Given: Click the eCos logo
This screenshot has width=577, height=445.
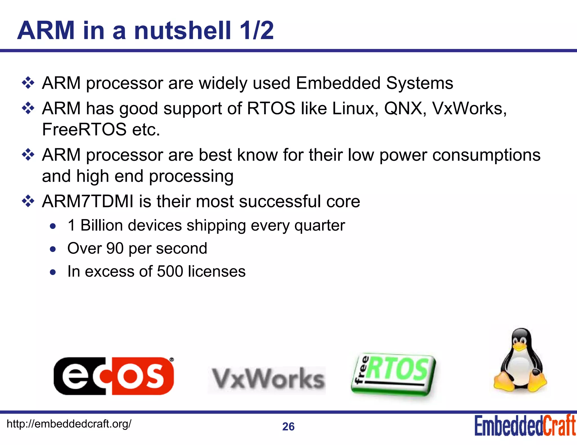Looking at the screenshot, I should coord(114,376).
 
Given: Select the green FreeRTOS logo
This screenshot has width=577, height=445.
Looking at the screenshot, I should coord(394,374).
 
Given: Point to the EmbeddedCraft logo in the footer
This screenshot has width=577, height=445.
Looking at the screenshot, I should coord(525,426).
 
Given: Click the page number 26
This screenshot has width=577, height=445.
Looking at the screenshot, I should coord(288,427).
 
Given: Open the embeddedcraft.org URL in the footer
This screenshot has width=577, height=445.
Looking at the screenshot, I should coord(69,424).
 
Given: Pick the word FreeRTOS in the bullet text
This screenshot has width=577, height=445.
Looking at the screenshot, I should coord(84,129).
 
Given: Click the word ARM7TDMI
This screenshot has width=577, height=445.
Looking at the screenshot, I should coord(88,201).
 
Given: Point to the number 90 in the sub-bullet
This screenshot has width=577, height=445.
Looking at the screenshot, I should coord(115,248).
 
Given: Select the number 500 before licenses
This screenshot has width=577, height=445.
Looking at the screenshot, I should coord(170,271).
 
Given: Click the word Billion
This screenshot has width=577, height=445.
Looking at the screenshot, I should coord(103,225).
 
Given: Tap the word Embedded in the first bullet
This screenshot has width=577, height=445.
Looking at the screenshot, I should coord(338,83).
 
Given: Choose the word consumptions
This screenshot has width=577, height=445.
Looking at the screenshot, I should coord(486,155).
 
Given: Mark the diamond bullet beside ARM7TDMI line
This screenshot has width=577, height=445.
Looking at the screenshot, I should coord(28,201).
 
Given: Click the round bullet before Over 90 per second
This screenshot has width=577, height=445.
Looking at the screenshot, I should coord(53,249).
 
